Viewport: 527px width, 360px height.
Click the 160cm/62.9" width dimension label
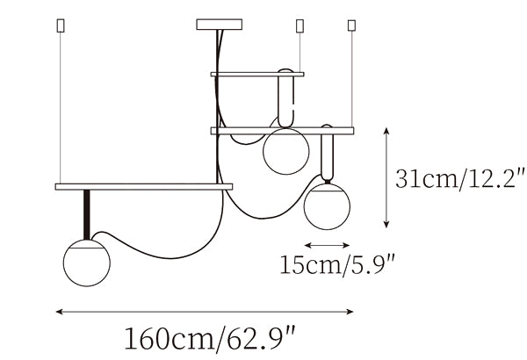pos(210,339)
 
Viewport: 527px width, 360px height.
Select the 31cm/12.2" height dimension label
pos(459,179)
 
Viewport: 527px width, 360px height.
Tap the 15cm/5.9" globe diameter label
pos(336,265)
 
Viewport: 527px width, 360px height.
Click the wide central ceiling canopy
pos(219,25)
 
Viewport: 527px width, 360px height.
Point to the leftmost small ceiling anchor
pos(61,25)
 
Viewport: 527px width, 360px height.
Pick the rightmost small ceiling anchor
pos(351,25)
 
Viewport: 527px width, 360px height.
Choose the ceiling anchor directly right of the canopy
pos(300,25)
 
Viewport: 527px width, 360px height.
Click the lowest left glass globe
pos(87,263)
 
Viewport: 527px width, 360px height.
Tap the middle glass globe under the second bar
pos(286,151)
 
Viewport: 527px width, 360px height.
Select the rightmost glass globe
pos(327,206)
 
